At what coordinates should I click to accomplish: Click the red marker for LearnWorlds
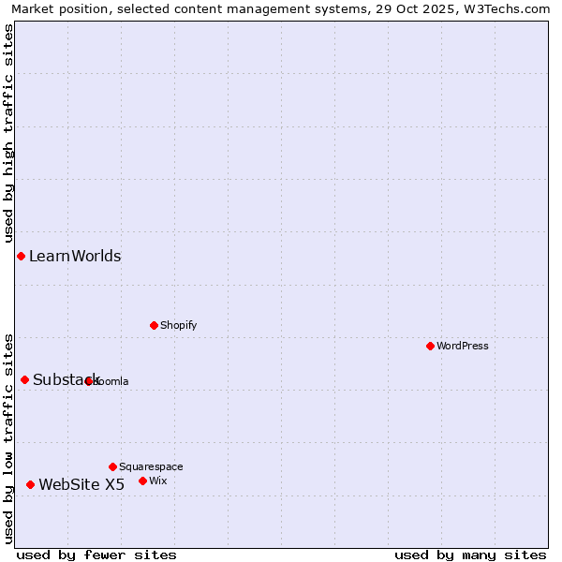(21, 256)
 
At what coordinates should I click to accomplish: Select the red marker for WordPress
(430, 346)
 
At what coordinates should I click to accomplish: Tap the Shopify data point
(154, 325)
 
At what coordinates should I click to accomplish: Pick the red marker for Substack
(24, 379)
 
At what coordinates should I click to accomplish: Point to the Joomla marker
(88, 381)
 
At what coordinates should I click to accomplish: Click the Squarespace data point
(112, 466)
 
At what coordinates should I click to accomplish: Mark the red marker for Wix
(142, 481)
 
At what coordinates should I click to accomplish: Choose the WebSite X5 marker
(30, 484)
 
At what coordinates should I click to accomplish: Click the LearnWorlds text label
(75, 257)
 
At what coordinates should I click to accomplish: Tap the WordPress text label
(463, 346)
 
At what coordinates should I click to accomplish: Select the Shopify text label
(178, 325)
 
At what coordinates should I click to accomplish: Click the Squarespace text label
(151, 466)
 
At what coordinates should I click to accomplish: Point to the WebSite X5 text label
(81, 484)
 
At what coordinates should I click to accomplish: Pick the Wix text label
(157, 481)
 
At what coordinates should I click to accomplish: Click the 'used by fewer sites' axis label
(96, 555)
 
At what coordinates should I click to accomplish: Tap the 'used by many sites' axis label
(470, 555)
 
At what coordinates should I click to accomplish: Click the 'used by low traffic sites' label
(8, 438)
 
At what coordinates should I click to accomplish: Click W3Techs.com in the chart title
(511, 8)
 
